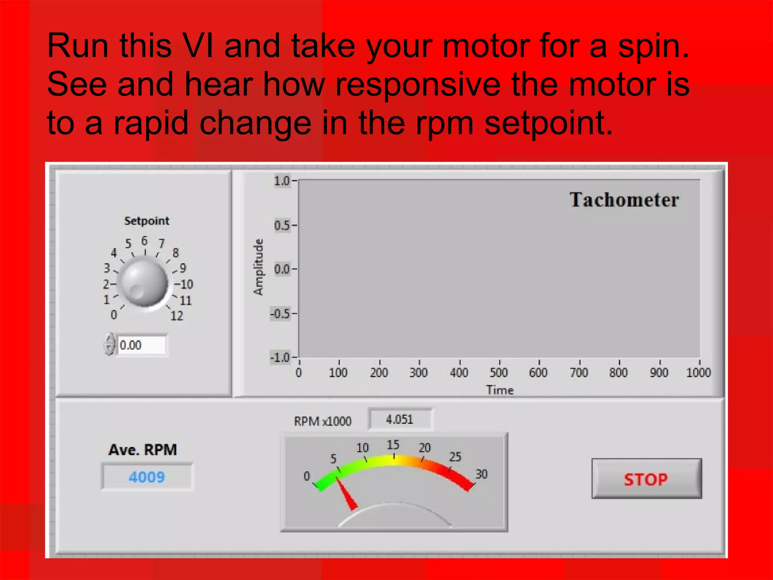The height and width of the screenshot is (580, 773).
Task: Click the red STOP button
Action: [646, 479]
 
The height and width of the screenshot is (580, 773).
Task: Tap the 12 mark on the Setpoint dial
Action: [177, 316]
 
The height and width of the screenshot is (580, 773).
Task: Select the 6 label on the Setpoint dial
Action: [145, 241]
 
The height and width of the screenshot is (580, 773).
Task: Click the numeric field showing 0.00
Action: [141, 345]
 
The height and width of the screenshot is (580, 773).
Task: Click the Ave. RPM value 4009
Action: [147, 477]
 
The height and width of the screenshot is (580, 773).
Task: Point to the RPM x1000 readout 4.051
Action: [400, 420]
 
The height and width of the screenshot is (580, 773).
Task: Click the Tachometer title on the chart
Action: [624, 200]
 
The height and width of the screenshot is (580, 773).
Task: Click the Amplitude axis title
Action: [258, 267]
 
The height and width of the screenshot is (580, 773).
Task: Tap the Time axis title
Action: [500, 390]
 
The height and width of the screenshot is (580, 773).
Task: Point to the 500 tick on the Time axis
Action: [499, 373]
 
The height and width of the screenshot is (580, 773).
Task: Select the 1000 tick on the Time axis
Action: [698, 373]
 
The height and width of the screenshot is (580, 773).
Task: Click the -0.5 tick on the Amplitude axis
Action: [280, 314]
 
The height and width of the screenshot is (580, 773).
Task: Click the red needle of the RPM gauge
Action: [346, 495]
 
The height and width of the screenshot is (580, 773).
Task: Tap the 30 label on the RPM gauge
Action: [481, 474]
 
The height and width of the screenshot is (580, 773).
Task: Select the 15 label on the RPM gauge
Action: [393, 445]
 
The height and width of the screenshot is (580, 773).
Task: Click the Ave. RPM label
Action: [143, 450]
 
